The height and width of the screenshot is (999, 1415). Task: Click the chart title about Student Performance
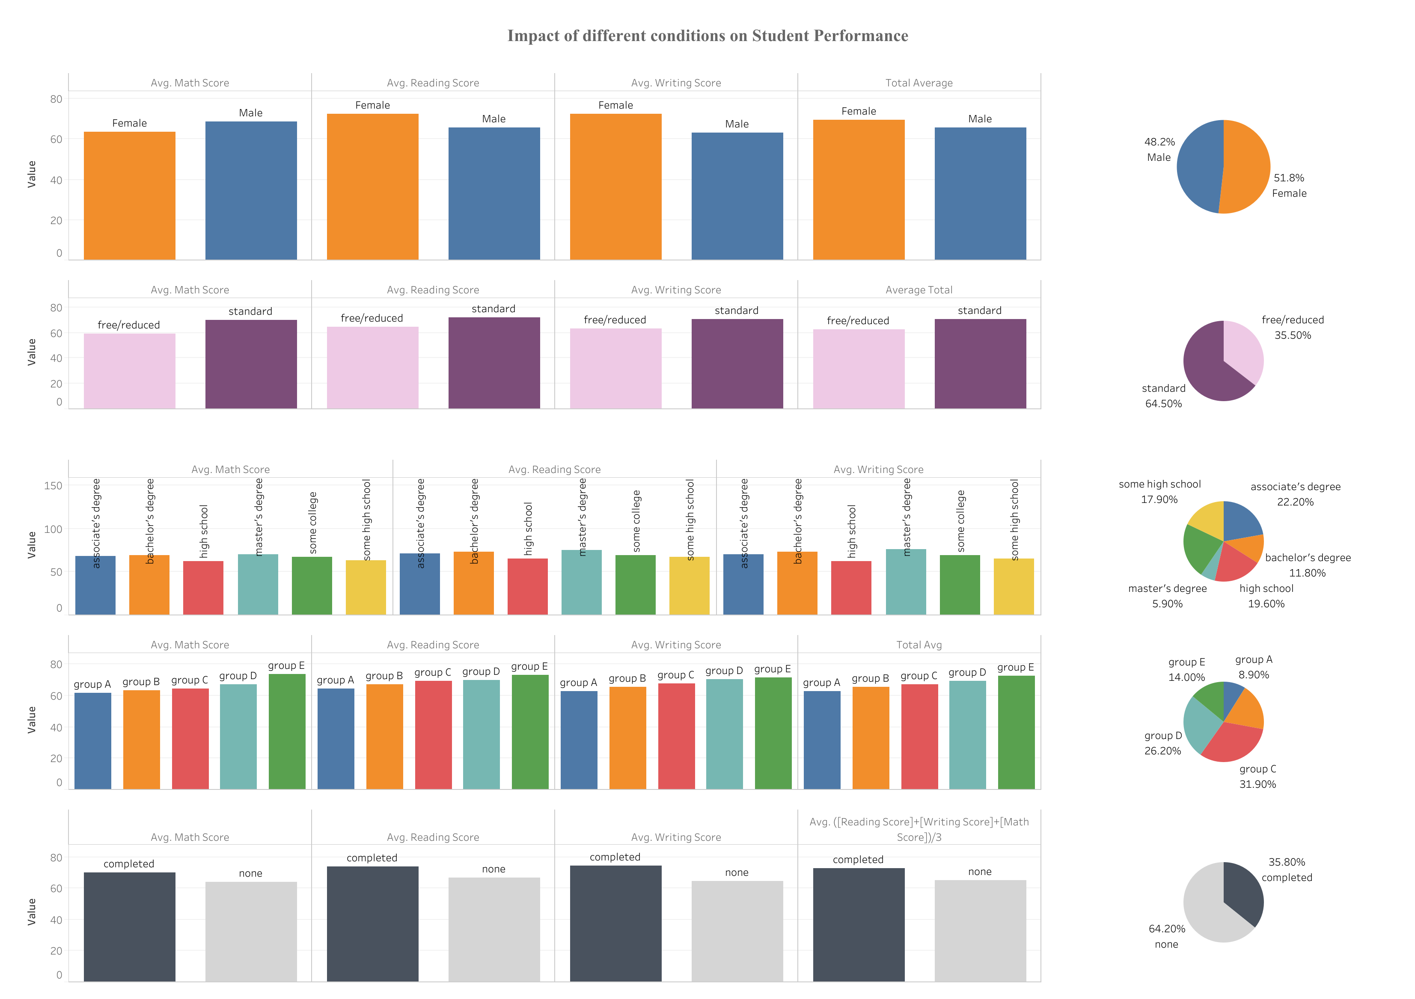[707, 36]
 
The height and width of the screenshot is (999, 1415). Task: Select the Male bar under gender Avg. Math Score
[251, 190]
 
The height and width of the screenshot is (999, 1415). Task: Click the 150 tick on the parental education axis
[54, 486]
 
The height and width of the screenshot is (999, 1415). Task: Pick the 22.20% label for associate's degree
[1295, 502]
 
